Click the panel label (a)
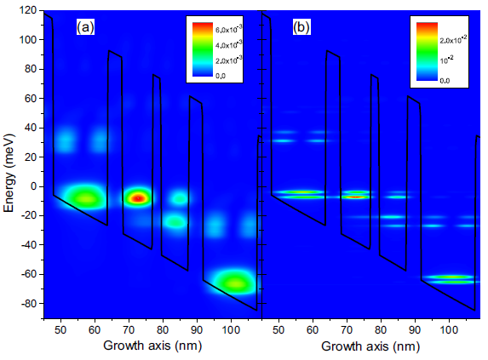(x=85, y=27)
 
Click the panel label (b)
(x=302, y=27)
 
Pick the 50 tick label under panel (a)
(x=60, y=329)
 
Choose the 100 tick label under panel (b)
(x=451, y=329)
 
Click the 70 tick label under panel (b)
(x=347, y=329)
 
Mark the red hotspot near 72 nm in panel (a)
(x=136, y=197)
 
